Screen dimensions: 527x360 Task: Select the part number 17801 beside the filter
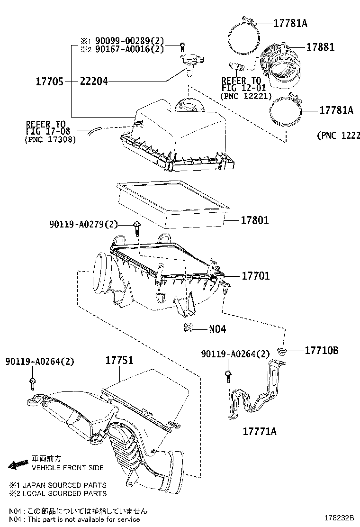255,220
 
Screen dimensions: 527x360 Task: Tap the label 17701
256,275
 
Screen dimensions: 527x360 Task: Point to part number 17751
119,360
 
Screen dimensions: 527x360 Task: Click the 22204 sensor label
94,82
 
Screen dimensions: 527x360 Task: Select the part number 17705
49,82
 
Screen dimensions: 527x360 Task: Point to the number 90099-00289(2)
123,40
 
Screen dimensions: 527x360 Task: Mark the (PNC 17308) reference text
49,140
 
